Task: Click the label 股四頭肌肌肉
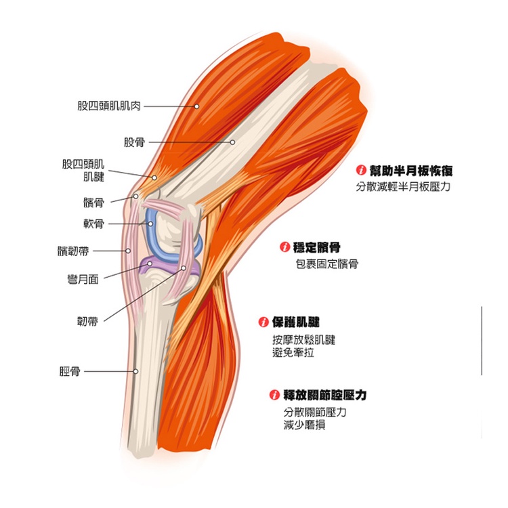pyautogui.click(x=108, y=106)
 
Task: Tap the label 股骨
pyautogui.click(x=134, y=142)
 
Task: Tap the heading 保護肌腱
pyautogui.click(x=295, y=322)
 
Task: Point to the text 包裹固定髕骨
pyautogui.click(x=327, y=264)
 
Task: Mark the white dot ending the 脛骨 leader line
pyautogui.click(x=135, y=371)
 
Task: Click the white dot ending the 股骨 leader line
pyautogui.click(x=232, y=142)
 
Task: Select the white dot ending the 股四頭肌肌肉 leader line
pyautogui.click(x=196, y=106)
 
